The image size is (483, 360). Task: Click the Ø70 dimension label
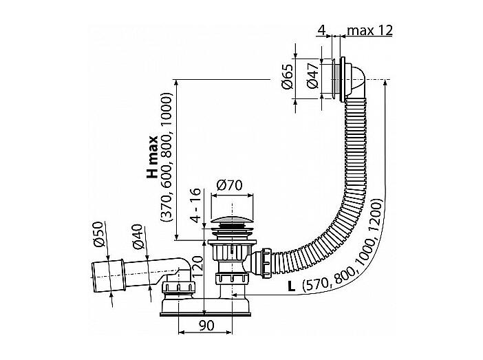(230, 185)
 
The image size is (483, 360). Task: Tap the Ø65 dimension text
(288, 77)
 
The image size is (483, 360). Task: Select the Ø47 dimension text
(314, 76)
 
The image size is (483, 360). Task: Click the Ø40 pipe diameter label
(138, 236)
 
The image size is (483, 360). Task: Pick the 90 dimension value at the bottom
(206, 326)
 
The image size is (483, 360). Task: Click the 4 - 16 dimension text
(196, 205)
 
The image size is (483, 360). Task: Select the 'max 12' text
(369, 30)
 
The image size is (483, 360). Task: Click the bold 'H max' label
(152, 157)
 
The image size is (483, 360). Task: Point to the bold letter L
(291, 286)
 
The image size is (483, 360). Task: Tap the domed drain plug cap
(232, 222)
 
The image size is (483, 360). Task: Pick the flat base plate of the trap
(206, 315)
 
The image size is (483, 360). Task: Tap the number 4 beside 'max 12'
(321, 30)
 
